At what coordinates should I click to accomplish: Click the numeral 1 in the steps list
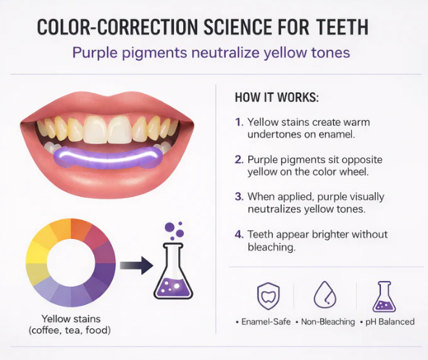click(x=239, y=122)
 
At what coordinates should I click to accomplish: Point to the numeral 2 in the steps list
click(x=239, y=159)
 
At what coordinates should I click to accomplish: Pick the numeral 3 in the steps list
click(x=239, y=196)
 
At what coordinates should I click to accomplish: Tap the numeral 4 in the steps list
click(x=239, y=234)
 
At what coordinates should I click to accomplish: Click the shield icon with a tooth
click(x=268, y=296)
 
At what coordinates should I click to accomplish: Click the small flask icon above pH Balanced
click(x=383, y=295)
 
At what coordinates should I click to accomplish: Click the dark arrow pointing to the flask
click(x=136, y=265)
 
